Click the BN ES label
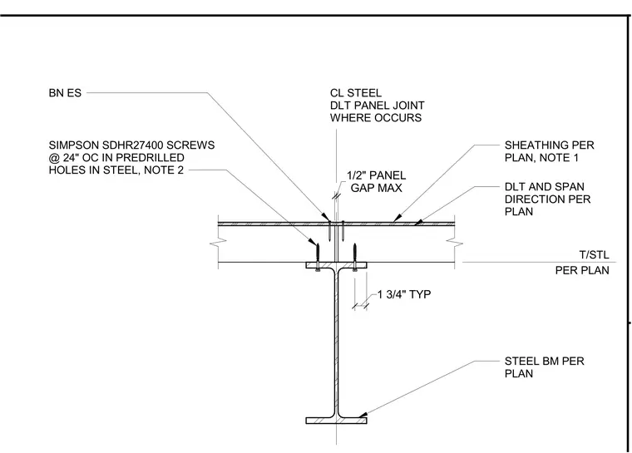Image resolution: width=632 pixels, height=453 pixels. coord(65,93)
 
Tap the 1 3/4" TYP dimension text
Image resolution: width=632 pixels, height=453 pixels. coord(404,294)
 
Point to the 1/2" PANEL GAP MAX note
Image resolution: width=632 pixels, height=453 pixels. coord(376,182)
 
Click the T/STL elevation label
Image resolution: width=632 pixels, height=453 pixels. coord(594,254)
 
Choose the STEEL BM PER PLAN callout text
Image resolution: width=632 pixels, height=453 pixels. coord(544,367)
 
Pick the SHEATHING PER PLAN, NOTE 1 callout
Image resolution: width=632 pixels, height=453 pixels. coord(550,151)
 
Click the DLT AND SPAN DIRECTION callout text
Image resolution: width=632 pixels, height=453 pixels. coord(547,199)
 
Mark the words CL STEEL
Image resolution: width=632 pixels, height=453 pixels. coord(356,93)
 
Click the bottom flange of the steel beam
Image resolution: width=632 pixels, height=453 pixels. coord(336,421)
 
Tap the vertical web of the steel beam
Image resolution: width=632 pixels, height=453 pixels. coord(336,342)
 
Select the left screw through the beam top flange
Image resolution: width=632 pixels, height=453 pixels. coord(318,257)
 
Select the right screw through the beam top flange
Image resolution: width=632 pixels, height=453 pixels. coord(355,257)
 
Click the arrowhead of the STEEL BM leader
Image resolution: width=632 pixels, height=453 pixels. coord(363,415)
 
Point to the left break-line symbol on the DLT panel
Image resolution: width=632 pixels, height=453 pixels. coord(218,242)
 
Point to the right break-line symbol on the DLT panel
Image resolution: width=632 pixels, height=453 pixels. coord(455,243)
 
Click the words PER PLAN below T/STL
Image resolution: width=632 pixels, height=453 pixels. coord(582,270)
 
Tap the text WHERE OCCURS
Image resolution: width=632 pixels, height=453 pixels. coord(376,118)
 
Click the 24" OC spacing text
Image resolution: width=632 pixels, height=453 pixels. coord(79,158)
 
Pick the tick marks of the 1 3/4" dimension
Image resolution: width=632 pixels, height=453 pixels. coord(361,307)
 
